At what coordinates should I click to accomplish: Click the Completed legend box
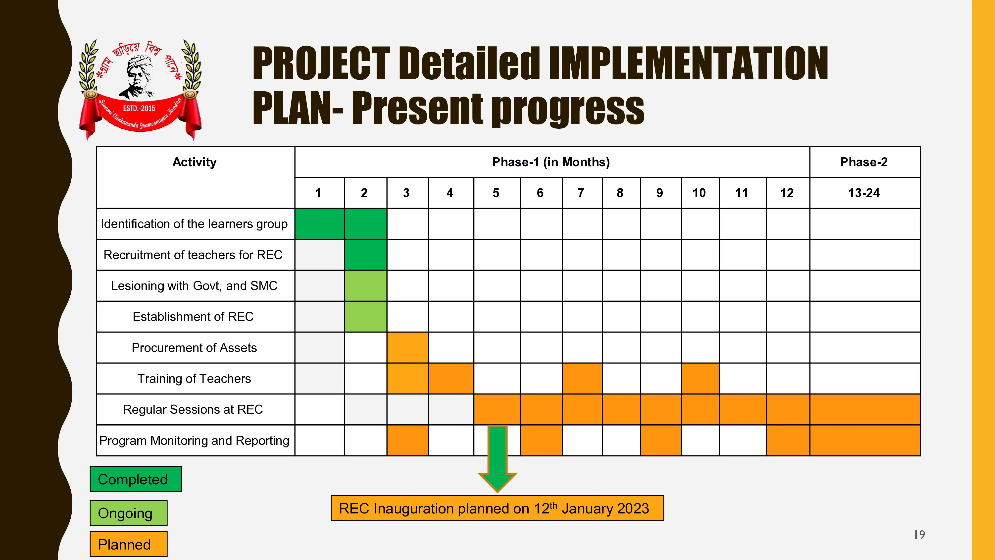(x=136, y=479)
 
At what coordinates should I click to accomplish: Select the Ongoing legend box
(x=129, y=513)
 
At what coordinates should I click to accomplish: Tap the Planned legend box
(x=129, y=544)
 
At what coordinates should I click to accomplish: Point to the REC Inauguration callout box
(x=497, y=508)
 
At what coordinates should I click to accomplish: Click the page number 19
(x=919, y=535)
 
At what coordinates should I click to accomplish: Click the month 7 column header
(x=581, y=193)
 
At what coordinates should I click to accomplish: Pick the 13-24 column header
(x=864, y=193)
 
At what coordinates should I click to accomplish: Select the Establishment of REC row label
(x=193, y=317)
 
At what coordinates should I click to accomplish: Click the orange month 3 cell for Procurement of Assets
(x=407, y=347)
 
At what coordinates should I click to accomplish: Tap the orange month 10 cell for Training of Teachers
(x=700, y=378)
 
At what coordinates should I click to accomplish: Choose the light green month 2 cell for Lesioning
(x=365, y=286)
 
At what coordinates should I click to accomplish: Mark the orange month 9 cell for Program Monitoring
(x=661, y=440)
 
